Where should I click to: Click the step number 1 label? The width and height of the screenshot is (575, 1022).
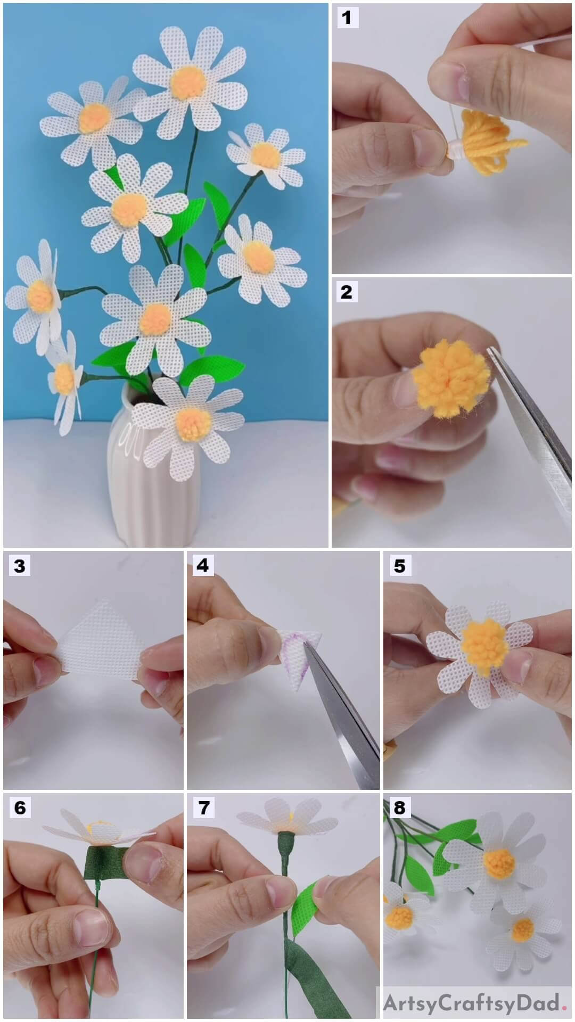point(347,18)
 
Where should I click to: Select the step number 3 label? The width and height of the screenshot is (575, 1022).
point(20,565)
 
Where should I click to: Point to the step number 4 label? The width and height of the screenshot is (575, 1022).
point(203,565)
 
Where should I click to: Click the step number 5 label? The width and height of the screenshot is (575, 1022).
point(399,565)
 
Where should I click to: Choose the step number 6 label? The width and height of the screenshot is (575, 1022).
point(20,807)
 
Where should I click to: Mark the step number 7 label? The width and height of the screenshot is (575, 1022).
point(203,807)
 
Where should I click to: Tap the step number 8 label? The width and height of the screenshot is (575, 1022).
point(399,807)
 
